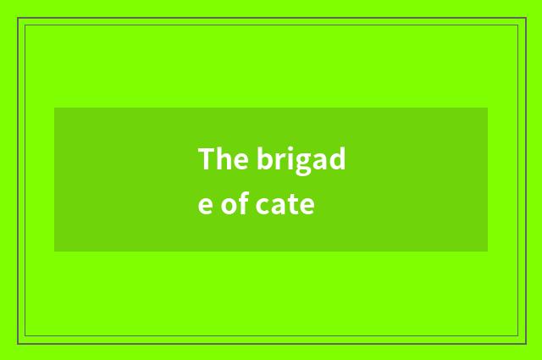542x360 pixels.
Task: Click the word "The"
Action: [x=222, y=158]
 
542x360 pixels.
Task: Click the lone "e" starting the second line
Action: [x=206, y=206]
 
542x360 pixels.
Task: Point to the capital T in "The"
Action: [x=207, y=158]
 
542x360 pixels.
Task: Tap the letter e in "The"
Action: [x=237, y=161]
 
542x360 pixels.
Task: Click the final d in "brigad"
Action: [x=336, y=158]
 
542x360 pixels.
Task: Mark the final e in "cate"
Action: [x=306, y=206]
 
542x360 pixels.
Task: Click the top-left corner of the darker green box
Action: [x=54, y=108]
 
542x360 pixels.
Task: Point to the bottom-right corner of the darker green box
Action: [x=488, y=252]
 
